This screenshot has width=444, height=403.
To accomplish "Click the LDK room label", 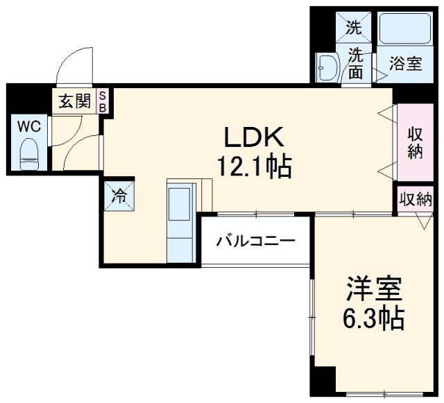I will pyautogui.click(x=252, y=137).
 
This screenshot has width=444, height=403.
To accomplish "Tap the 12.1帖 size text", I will pyautogui.click(x=253, y=166).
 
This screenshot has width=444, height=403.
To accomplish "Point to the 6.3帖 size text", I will pyautogui.click(x=374, y=318).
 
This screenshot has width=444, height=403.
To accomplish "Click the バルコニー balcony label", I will pyautogui.click(x=256, y=242).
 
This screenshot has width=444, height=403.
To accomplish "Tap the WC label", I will pyautogui.click(x=28, y=127).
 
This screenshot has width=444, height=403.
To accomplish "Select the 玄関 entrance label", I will pyautogui.click(x=74, y=101).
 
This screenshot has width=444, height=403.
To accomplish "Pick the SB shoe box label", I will pyautogui.click(x=103, y=101).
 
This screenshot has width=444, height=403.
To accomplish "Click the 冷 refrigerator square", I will pyautogui.click(x=119, y=195).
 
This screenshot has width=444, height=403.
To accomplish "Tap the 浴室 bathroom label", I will pyautogui.click(x=405, y=64).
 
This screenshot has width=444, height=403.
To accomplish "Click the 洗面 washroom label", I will pyautogui.click(x=356, y=62).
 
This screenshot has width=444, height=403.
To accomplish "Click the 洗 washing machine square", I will pyautogui.click(x=355, y=28).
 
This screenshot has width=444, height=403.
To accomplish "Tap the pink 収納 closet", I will pyautogui.click(x=415, y=143).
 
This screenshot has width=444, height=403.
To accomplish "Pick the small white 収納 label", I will pyautogui.click(x=416, y=200).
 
